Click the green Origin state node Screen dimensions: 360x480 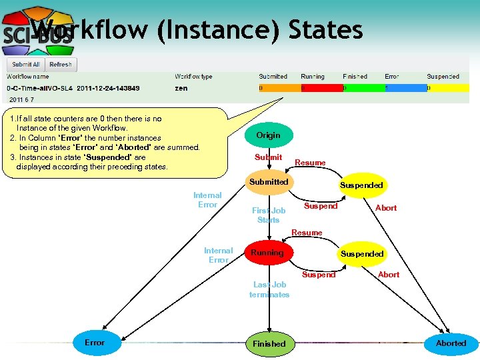(x=268, y=135)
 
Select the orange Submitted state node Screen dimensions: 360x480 (x=269, y=182)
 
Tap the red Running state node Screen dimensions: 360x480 (x=267, y=253)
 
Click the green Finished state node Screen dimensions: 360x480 (x=269, y=343)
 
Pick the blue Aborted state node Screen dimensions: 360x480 (x=451, y=343)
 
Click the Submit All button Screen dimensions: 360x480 (x=26, y=65)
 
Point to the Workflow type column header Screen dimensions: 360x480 (x=193, y=77)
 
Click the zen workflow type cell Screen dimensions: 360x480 (x=181, y=88)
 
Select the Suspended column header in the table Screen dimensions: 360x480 (x=443, y=77)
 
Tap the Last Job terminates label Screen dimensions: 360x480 (x=269, y=289)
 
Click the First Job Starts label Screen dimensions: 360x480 (x=269, y=215)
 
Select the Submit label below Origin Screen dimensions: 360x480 (x=268, y=157)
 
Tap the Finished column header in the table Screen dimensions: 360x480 (x=355, y=77)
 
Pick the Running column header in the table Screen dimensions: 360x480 (x=312, y=77)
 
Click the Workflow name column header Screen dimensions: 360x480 (x=27, y=77)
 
